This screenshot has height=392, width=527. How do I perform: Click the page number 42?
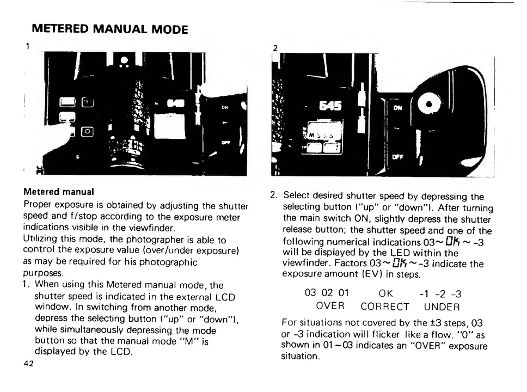[x=28, y=365]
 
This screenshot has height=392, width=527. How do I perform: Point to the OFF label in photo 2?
[x=397, y=156]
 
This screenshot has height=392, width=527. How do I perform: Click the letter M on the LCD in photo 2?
[x=310, y=134]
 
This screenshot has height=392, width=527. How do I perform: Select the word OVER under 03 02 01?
[x=330, y=307]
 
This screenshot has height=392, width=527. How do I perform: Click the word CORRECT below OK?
[x=387, y=307]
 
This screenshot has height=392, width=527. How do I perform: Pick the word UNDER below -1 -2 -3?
[x=442, y=307]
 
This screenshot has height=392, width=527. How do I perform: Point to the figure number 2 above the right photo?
[x=275, y=48]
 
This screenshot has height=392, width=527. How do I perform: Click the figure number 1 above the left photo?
[x=28, y=46]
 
